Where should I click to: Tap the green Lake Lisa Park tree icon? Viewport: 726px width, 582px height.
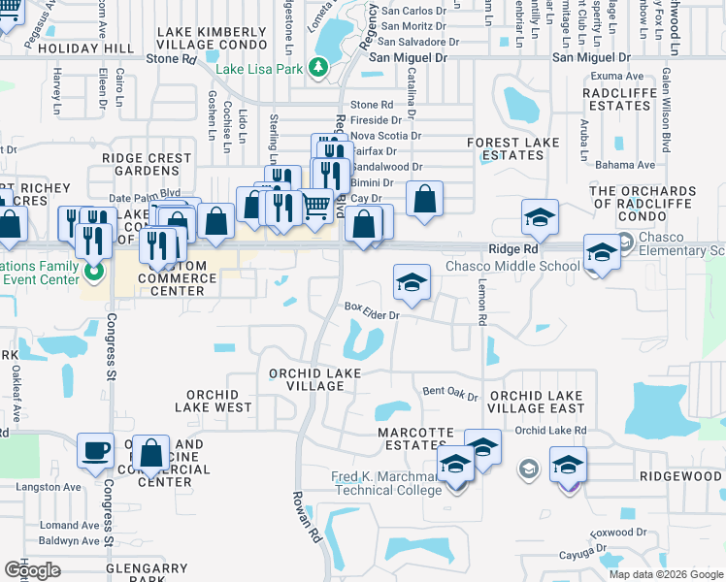[317, 66]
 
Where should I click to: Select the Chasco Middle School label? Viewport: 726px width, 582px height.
[512, 267]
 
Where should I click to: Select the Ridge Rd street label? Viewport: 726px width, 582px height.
[513, 249]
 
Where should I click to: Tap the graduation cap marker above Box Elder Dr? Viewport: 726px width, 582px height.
[412, 282]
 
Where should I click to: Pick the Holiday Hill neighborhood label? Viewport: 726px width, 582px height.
[94, 48]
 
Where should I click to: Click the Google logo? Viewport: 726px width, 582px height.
[32, 570]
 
